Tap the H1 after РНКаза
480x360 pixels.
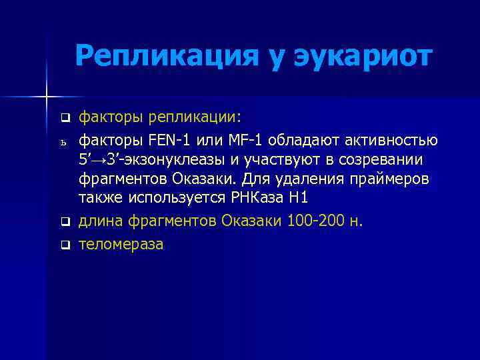tap(296, 199)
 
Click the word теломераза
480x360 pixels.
tap(121, 244)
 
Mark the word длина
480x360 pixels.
tap(99, 221)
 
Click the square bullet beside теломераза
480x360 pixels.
tap(65, 245)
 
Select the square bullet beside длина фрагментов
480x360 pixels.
tap(65, 221)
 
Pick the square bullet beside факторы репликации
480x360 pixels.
tap(65, 119)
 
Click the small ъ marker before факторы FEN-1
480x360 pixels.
tap(65, 141)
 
